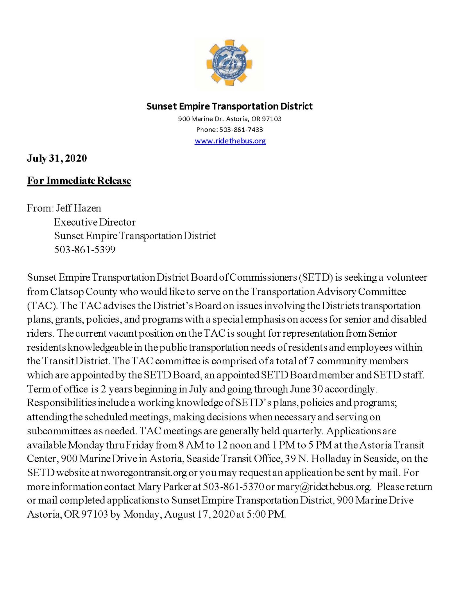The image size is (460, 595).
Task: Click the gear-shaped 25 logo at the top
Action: coord(229,63)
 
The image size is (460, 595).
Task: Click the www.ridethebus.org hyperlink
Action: coord(230,141)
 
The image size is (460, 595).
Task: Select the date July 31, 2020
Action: coord(57,158)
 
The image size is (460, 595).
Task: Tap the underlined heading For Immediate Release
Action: coord(79,181)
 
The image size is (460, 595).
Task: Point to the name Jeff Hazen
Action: coord(78,208)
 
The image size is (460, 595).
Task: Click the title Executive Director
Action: coord(95,222)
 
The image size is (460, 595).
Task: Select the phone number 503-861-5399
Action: coord(85,250)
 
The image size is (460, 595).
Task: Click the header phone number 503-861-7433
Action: coord(241,130)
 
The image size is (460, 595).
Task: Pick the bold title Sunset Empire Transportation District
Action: coord(229,106)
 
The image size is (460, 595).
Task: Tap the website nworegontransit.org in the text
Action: coord(144,473)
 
